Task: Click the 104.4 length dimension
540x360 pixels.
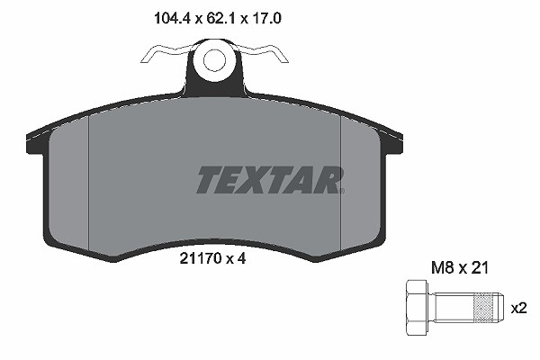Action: (172, 18)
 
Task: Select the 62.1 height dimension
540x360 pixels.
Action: (220, 18)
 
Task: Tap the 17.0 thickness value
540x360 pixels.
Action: (266, 18)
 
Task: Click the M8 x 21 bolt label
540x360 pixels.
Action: (460, 267)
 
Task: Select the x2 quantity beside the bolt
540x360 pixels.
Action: (518, 309)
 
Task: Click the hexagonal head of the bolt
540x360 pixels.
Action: (417, 307)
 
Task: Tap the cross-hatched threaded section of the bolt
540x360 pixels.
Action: (483, 308)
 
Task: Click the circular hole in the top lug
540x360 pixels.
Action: (214, 60)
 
